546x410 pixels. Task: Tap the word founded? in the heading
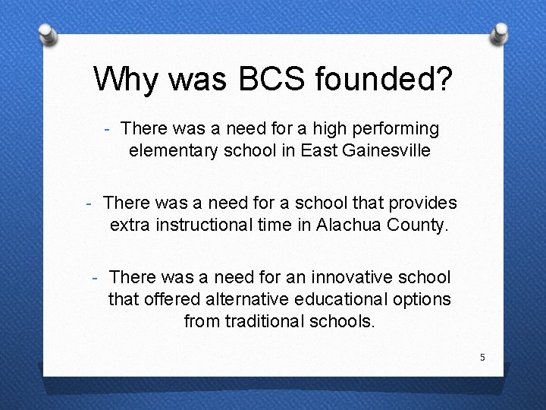pos(378,78)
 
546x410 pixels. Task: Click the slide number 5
pos(482,357)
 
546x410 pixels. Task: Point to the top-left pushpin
pos(46,32)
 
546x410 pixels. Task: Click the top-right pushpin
pos(500,32)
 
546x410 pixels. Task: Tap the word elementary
pos(174,150)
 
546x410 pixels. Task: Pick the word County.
pos(418,225)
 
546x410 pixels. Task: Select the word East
pos(318,150)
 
